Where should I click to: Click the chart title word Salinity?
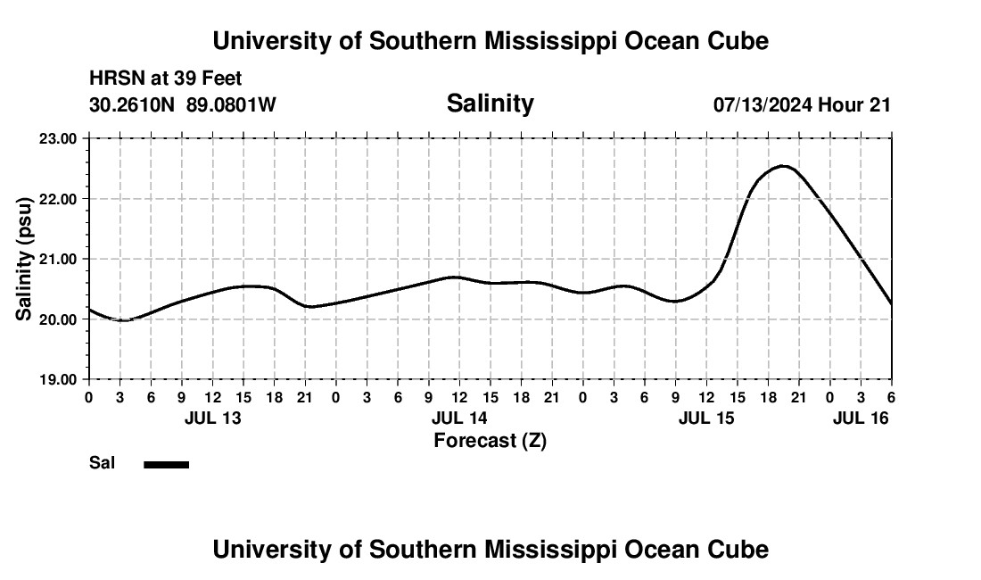[x=490, y=104]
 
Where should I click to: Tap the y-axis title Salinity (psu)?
[x=25, y=259]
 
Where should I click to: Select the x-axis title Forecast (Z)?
[x=490, y=440]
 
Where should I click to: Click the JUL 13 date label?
[x=213, y=418]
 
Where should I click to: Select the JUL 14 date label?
[x=459, y=418]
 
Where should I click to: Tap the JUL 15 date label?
[x=706, y=418]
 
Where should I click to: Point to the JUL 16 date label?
[x=861, y=418]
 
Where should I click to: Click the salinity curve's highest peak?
[x=782, y=166]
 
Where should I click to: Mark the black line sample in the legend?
[x=166, y=464]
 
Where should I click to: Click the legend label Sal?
[x=102, y=463]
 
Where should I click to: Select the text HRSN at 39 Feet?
[x=166, y=79]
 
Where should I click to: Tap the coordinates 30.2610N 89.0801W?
[x=183, y=105]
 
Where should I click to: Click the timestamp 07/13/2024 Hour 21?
[x=802, y=105]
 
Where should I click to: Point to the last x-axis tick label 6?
[x=891, y=396]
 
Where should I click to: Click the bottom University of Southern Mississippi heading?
[x=490, y=550]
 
